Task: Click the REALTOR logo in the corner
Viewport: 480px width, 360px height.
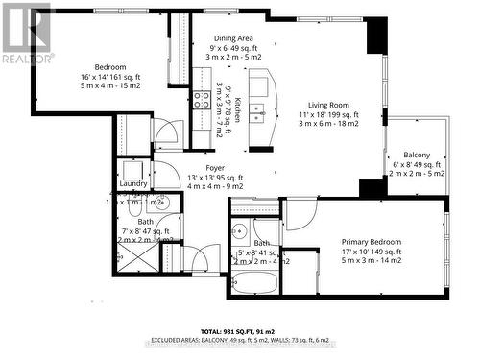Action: [26, 35]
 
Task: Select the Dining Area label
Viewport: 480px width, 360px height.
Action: [232, 37]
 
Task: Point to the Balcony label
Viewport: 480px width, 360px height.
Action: [416, 156]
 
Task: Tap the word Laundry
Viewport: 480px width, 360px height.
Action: [133, 183]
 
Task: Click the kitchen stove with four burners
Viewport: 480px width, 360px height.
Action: [202, 98]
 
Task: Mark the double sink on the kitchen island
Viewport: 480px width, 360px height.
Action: [258, 113]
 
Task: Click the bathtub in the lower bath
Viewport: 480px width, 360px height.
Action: [253, 283]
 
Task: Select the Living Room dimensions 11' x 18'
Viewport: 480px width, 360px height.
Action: [327, 114]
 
